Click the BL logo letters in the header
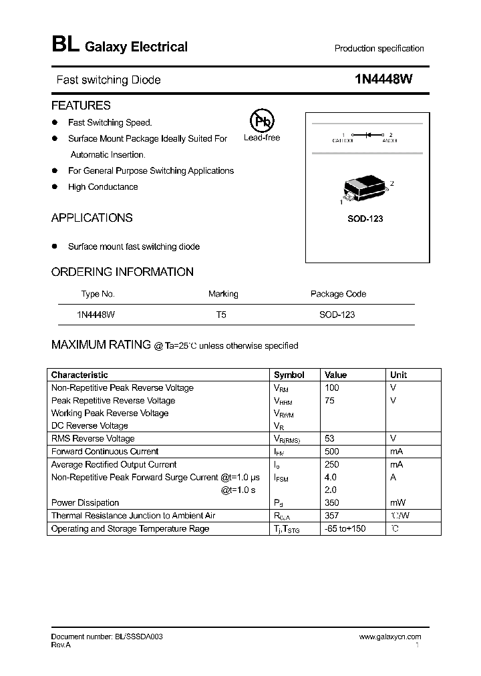(65, 45)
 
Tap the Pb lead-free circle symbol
(261, 121)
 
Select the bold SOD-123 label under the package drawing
(365, 218)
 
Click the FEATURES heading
(81, 106)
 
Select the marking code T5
(221, 314)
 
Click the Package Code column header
(338, 294)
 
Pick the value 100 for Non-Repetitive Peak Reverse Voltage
(331, 387)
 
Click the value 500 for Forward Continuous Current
(331, 452)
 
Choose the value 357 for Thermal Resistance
(331, 516)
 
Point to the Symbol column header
(289, 375)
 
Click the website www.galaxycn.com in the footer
(390, 637)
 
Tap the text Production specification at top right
(379, 49)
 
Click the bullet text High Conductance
(103, 187)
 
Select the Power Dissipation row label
(85, 503)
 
